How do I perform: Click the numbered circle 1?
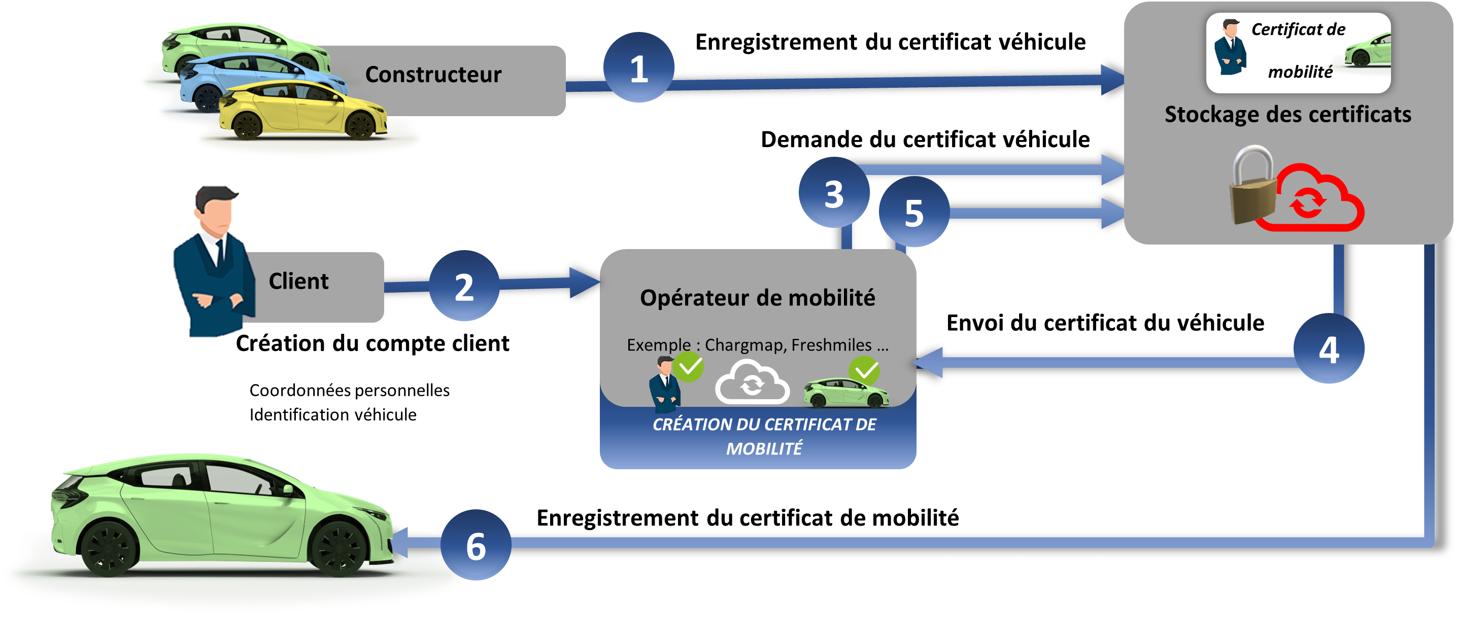(638, 68)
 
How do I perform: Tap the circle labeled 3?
(834, 193)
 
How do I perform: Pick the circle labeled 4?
(1329, 349)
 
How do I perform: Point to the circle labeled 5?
(913, 212)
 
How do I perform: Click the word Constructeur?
(433, 75)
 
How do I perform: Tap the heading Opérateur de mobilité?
(757, 298)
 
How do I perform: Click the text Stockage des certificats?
(1287, 114)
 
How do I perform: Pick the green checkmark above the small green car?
(864, 371)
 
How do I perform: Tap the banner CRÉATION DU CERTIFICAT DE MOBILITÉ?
(764, 436)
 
